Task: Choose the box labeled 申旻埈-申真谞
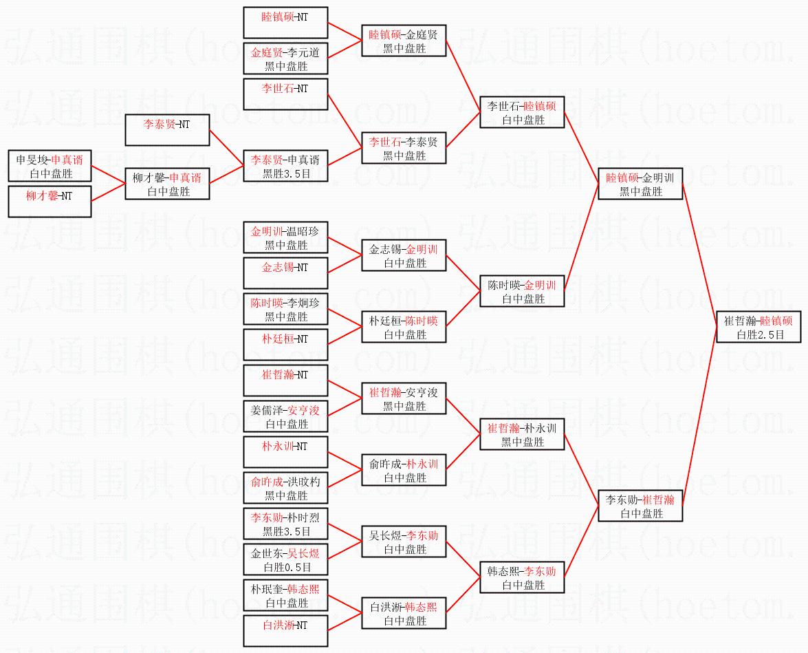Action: (50, 167)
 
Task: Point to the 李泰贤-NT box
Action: (167, 131)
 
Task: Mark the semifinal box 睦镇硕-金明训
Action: (640, 184)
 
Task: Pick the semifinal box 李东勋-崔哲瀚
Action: (640, 506)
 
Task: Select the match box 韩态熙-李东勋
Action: (522, 577)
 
